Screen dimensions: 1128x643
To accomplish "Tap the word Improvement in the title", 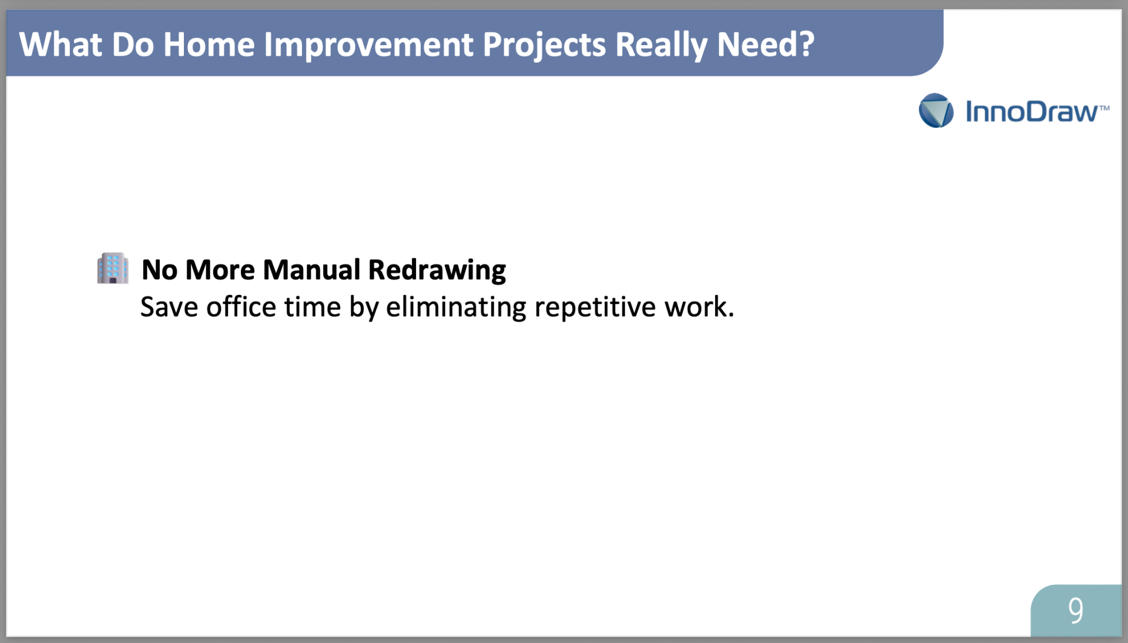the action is pos(368,46).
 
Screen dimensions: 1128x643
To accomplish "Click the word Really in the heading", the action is pos(661,46).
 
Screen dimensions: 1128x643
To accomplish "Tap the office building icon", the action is pos(113,268).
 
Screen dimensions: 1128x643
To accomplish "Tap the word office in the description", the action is pos(241,307).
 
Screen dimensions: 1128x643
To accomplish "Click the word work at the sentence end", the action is pos(696,307).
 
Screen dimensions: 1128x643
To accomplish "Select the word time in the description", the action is pos(313,307).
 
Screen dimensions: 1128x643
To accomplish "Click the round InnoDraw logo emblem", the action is pos(936,110).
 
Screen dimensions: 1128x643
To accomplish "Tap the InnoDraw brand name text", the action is pos(1032,112).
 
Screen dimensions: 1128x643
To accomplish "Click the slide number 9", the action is pos(1076,611).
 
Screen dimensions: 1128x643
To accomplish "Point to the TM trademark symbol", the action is pos(1104,108).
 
